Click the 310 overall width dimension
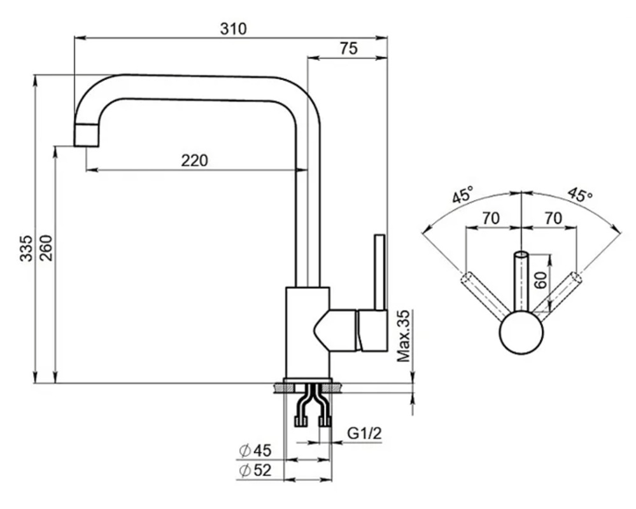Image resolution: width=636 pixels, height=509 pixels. click(234, 28)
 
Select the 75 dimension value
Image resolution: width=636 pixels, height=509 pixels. click(348, 49)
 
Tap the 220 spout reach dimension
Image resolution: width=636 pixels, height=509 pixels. click(194, 160)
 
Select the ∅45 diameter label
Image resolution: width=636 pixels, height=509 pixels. click(255, 451)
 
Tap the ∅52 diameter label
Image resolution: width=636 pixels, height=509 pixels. click(255, 471)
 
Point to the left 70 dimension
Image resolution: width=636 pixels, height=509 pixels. click(490, 218)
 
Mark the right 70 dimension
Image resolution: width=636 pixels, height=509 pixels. click(553, 218)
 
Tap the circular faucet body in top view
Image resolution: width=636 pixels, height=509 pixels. click(521, 333)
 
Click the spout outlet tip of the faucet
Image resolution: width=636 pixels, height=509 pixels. click(87, 135)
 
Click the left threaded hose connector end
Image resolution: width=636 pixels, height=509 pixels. click(300, 420)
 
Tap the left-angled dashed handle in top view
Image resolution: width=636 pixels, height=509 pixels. click(484, 294)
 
